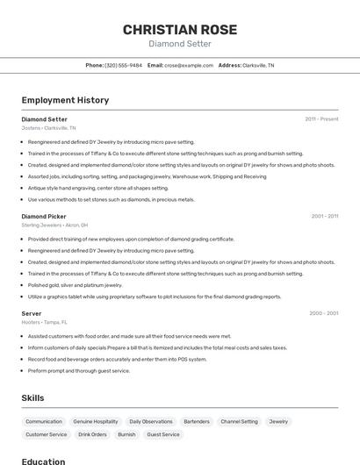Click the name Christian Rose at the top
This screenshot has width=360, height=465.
(x=179, y=29)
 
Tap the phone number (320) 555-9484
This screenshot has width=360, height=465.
(x=123, y=65)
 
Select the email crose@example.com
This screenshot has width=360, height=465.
(x=189, y=65)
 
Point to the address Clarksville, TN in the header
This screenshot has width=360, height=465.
(x=258, y=65)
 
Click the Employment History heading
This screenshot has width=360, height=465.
(x=65, y=100)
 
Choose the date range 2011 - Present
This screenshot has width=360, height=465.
(x=321, y=118)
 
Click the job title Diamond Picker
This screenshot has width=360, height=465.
(x=44, y=216)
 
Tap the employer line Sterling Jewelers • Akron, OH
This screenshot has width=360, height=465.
(x=55, y=225)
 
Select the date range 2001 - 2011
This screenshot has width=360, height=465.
(x=324, y=216)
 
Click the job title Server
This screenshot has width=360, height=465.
(x=32, y=313)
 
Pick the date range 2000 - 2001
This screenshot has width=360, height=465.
(x=324, y=313)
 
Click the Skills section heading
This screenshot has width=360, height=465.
(x=32, y=397)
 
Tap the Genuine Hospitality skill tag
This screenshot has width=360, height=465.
(x=96, y=421)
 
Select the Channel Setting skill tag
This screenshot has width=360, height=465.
(x=239, y=421)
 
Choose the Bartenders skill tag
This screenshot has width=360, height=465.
(x=197, y=421)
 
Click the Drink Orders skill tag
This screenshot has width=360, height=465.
(x=92, y=434)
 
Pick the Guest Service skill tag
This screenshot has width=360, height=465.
(x=162, y=434)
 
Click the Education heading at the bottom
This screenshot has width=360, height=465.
(x=43, y=461)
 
